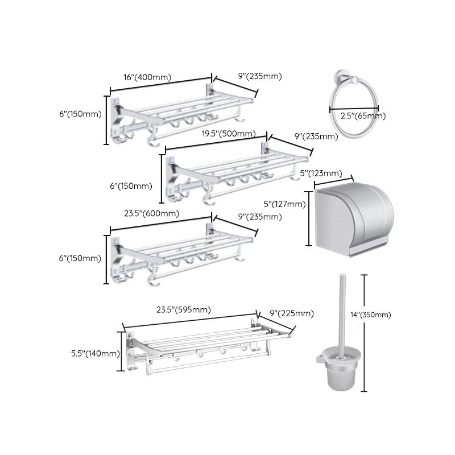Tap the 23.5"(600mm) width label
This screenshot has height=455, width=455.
coord(151,214)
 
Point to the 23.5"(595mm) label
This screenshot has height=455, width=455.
coord(184,310)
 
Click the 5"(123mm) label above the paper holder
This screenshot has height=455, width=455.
coord(321,173)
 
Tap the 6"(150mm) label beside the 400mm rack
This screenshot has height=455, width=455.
coord(79,114)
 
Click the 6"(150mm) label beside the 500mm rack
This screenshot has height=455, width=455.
coord(131,185)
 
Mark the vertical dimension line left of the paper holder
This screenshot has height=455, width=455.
coord(309,219)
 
